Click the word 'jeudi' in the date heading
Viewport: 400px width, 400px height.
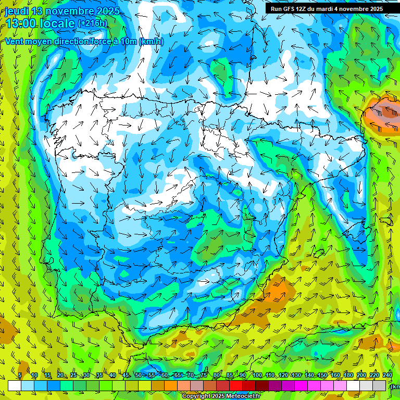[x=16, y=10]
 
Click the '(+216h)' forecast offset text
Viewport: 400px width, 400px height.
[x=92, y=23]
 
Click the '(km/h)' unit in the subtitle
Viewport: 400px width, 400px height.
[x=151, y=42]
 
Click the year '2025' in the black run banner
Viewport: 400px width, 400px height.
[x=373, y=9]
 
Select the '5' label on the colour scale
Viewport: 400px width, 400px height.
[x=20, y=376]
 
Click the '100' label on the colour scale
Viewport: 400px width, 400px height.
[x=257, y=376]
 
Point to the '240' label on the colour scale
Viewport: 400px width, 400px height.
[x=387, y=376]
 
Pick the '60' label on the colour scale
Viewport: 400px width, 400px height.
[x=164, y=376]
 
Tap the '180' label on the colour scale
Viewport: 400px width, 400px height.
[x=348, y=376]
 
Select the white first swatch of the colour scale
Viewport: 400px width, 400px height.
[x=15, y=386]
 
